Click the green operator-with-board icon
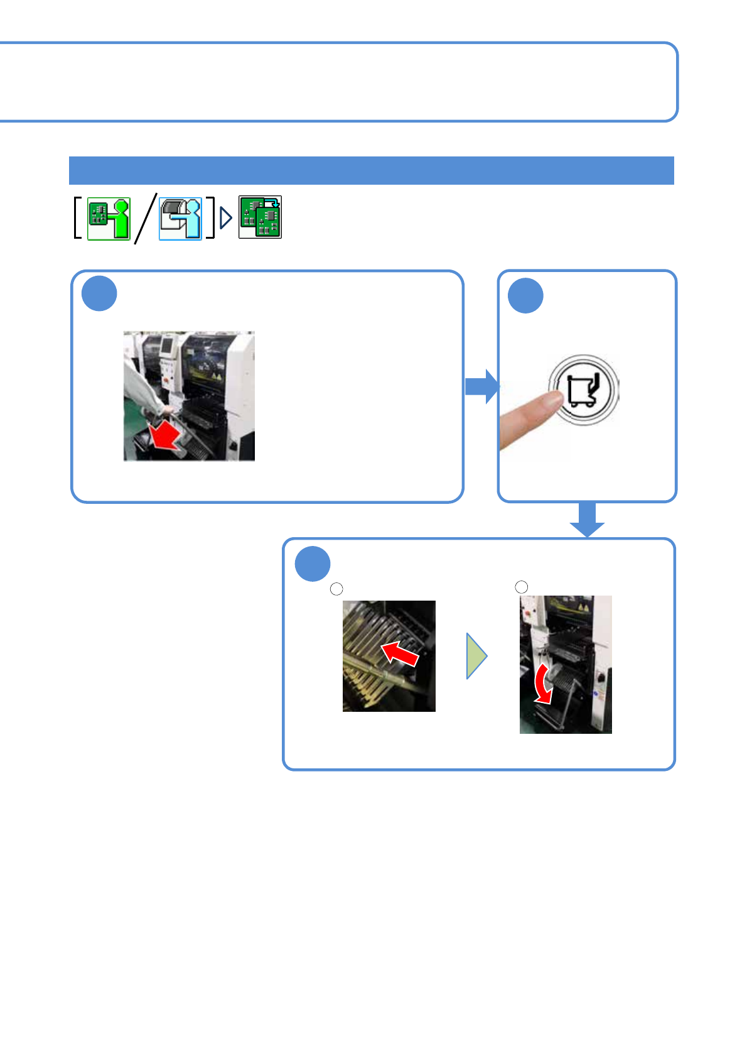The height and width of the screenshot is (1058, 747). coord(109,218)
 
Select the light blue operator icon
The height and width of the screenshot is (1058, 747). coord(181,218)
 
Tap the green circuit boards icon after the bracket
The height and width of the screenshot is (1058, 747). coord(260,217)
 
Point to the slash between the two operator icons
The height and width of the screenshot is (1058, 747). coord(145,218)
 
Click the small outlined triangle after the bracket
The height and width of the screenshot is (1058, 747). coord(226,218)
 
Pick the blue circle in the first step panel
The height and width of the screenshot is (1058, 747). coord(99,293)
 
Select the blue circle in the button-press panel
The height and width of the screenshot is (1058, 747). coord(525,295)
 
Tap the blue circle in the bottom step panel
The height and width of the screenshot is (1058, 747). coord(313,564)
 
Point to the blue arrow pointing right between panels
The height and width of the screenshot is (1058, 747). coord(482,386)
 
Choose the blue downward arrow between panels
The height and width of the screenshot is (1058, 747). coord(587,519)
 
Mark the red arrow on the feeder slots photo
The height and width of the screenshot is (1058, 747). coord(400,653)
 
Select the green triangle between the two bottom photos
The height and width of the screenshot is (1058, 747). coord(476,656)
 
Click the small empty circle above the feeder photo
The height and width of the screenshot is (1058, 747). coord(336,589)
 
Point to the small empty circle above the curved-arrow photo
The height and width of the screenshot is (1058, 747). coord(521,587)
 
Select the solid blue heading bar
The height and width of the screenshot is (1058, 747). coord(371,170)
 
